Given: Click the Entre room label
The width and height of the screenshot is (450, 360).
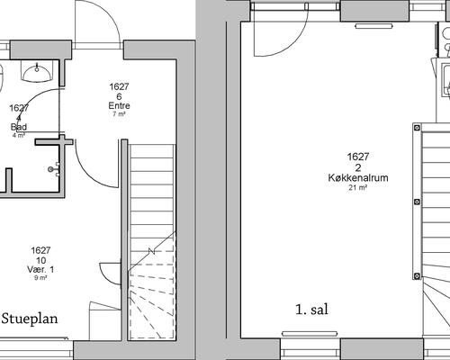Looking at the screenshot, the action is (x=119, y=105).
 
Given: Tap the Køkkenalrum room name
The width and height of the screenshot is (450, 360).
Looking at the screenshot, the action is (x=358, y=177).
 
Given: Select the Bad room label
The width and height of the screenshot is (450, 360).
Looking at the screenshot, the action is (x=19, y=127).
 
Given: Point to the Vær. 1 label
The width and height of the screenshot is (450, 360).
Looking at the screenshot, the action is (x=40, y=269).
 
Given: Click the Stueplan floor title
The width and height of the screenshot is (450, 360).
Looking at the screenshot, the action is (x=30, y=319).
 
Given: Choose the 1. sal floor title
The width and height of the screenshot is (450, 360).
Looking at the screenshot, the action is (x=311, y=310).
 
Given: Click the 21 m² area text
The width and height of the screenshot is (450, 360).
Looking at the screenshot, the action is (x=358, y=188).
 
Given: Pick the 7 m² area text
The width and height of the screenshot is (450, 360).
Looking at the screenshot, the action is (x=119, y=114).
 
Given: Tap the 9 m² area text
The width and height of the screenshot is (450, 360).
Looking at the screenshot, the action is (x=40, y=278).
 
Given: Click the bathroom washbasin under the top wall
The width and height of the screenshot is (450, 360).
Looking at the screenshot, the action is (x=37, y=71).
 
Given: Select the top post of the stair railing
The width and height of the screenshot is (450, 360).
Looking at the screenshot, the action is (x=417, y=128).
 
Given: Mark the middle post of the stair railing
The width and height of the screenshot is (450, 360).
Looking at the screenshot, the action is (x=417, y=202).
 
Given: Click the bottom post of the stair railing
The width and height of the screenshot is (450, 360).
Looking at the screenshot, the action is (x=417, y=276).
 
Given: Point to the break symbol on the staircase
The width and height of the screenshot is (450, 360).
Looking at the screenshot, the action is (x=152, y=251).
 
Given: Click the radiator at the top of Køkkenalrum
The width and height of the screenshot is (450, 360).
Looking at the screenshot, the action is (x=373, y=26).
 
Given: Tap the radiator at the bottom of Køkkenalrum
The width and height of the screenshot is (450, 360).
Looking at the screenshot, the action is (x=310, y=334).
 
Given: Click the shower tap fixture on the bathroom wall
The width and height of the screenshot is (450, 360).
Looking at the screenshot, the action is (x=53, y=169).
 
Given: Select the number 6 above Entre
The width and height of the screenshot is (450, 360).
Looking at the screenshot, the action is (x=119, y=96).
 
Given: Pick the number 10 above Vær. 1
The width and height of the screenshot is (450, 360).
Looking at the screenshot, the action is (x=40, y=260).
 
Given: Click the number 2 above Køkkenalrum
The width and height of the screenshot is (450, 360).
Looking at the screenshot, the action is (x=358, y=167).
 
